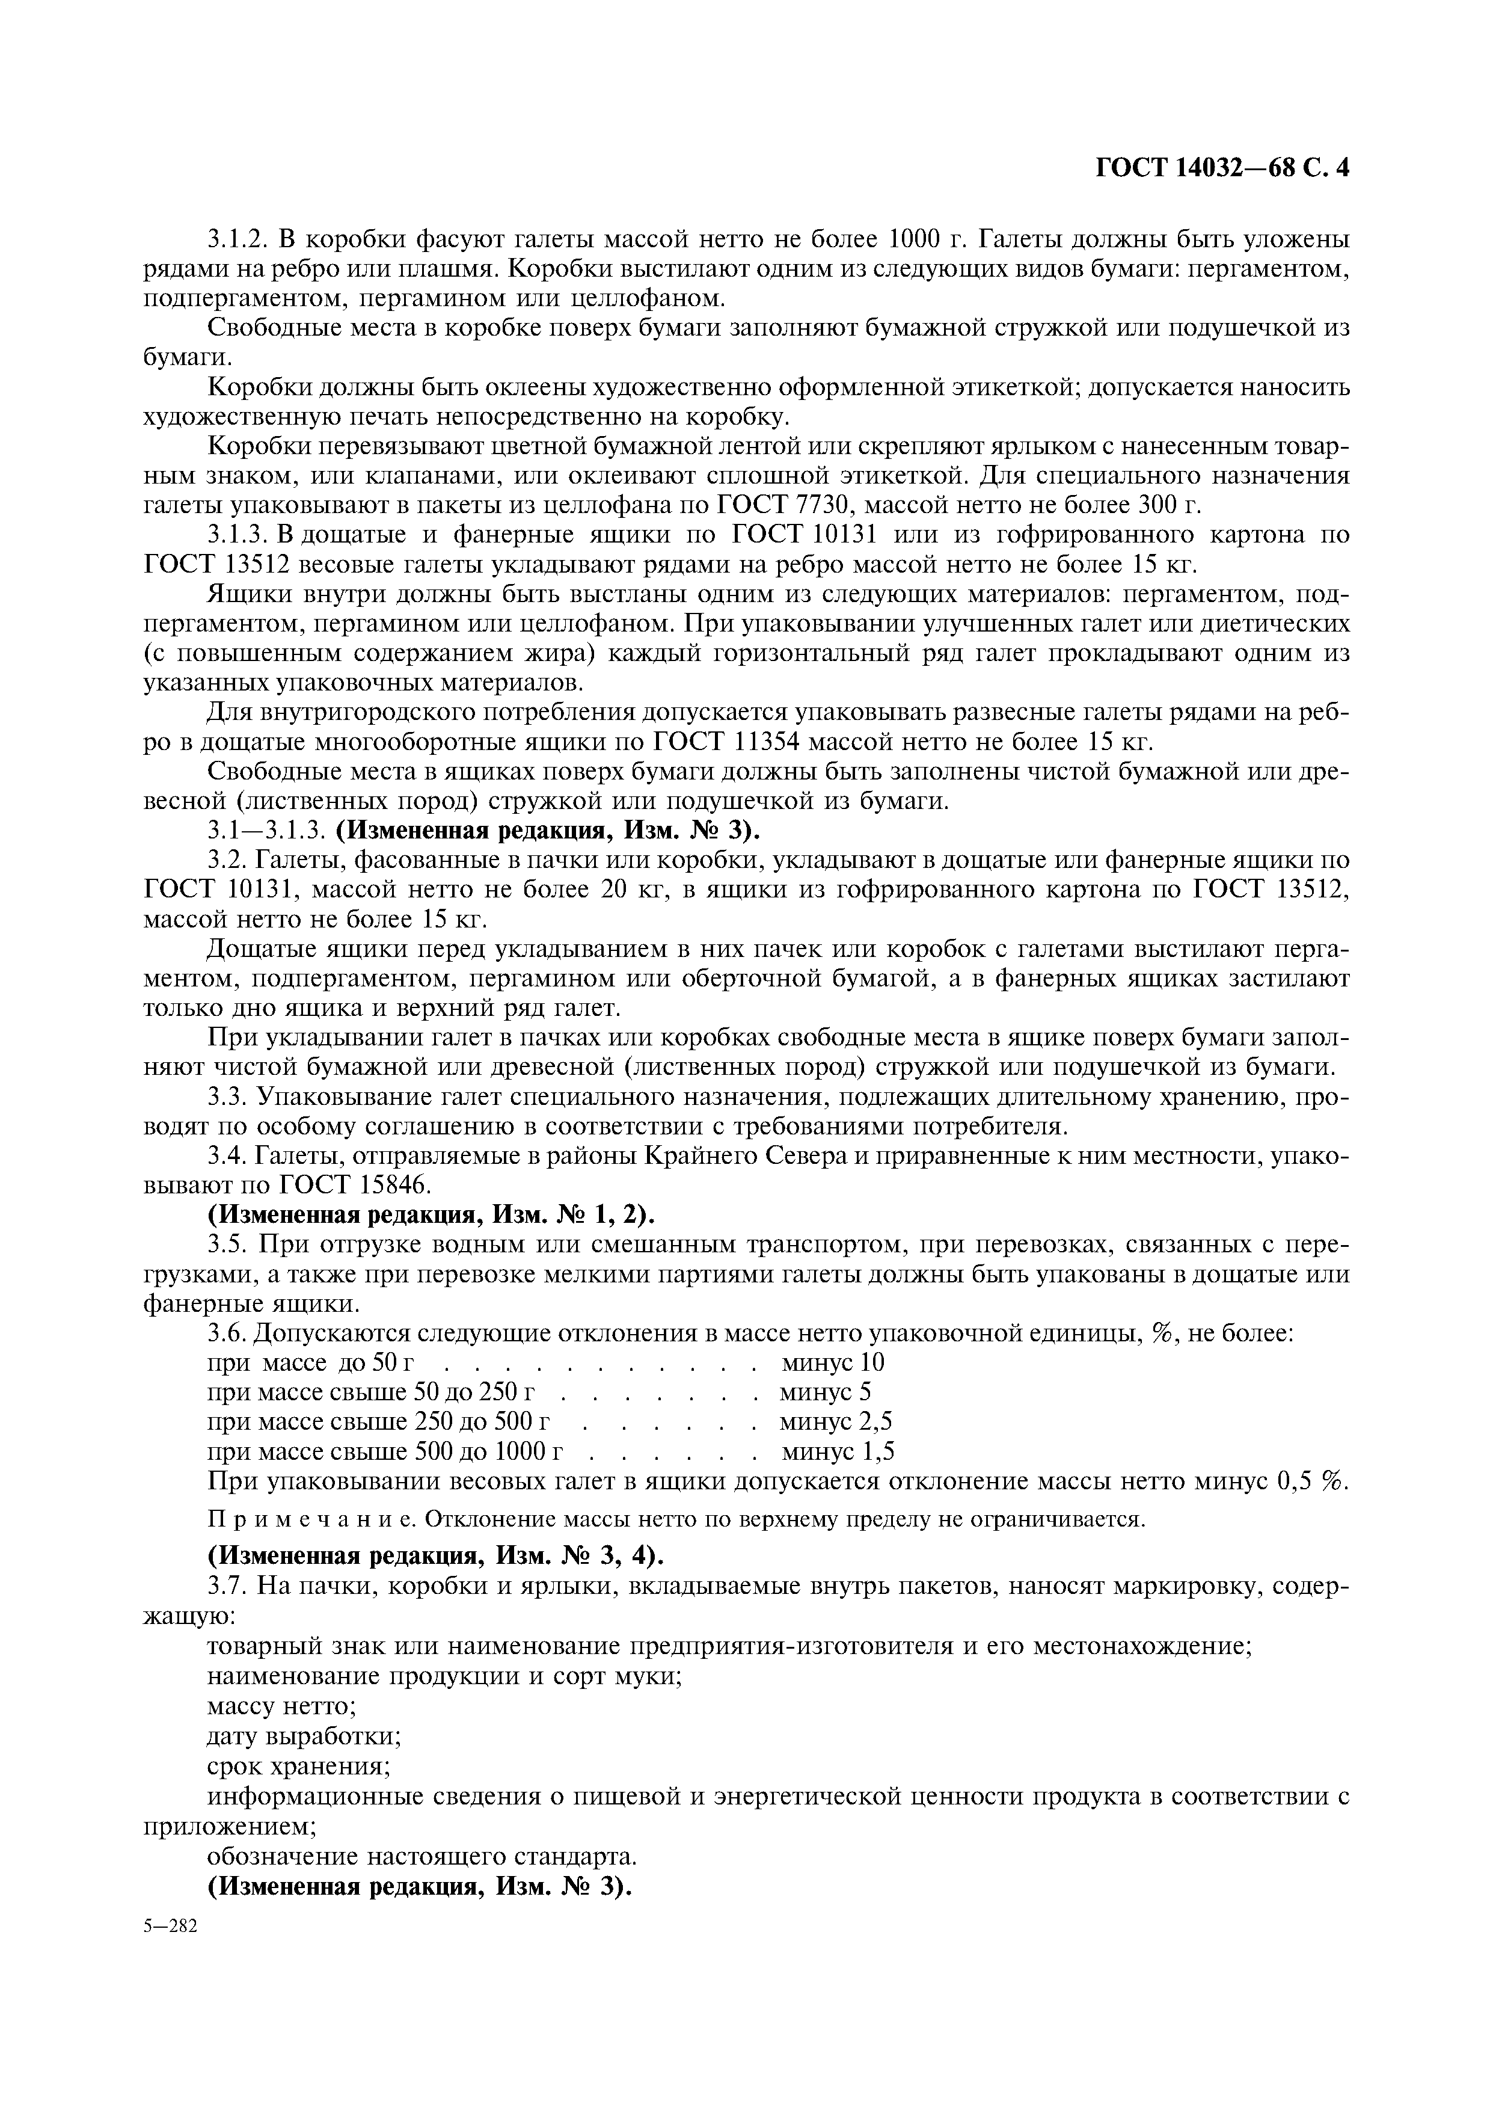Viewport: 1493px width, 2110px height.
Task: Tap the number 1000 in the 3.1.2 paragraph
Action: point(920,241)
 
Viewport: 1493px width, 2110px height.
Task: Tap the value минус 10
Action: point(833,1362)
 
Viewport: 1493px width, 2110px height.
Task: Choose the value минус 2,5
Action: point(836,1421)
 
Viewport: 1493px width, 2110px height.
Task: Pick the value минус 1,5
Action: point(838,1451)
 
